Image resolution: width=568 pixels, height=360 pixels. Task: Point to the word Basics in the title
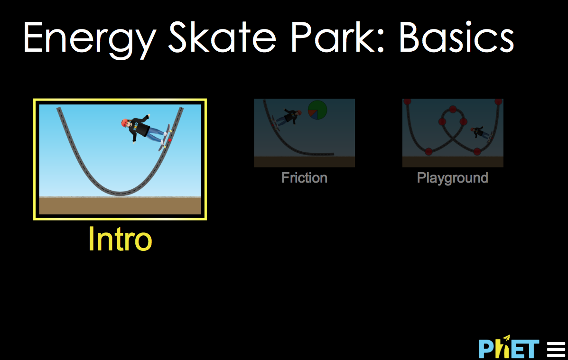(x=456, y=38)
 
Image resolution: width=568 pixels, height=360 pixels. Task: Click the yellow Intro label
(x=120, y=240)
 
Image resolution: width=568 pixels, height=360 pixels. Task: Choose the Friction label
(x=304, y=178)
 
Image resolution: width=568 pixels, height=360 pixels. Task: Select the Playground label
(x=452, y=178)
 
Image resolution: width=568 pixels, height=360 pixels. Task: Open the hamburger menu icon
(x=556, y=349)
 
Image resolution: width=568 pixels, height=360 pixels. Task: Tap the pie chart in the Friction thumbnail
(x=317, y=110)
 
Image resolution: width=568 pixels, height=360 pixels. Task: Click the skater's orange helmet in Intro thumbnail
(x=125, y=123)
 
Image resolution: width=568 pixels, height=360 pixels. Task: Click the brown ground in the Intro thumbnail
(x=120, y=206)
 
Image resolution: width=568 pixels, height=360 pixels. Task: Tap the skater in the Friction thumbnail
(x=289, y=116)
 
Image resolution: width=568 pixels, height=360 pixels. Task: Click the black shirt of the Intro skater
(x=139, y=127)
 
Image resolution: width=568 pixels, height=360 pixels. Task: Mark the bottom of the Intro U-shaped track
(x=120, y=193)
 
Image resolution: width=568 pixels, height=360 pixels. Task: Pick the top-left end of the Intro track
(x=59, y=110)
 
